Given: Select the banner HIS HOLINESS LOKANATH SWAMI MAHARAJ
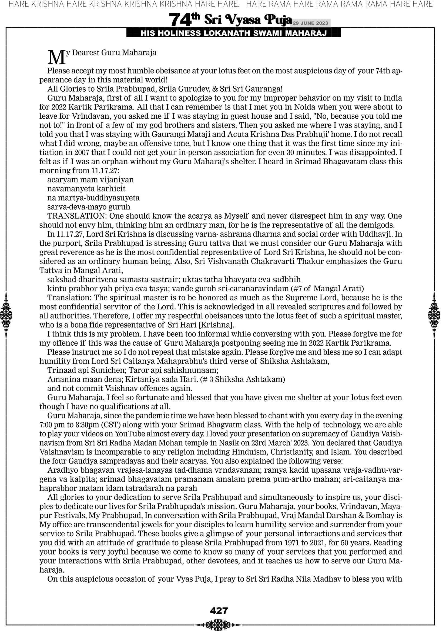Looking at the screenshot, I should [x=233, y=34].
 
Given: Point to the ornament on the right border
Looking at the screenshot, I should [x=434, y=315].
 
